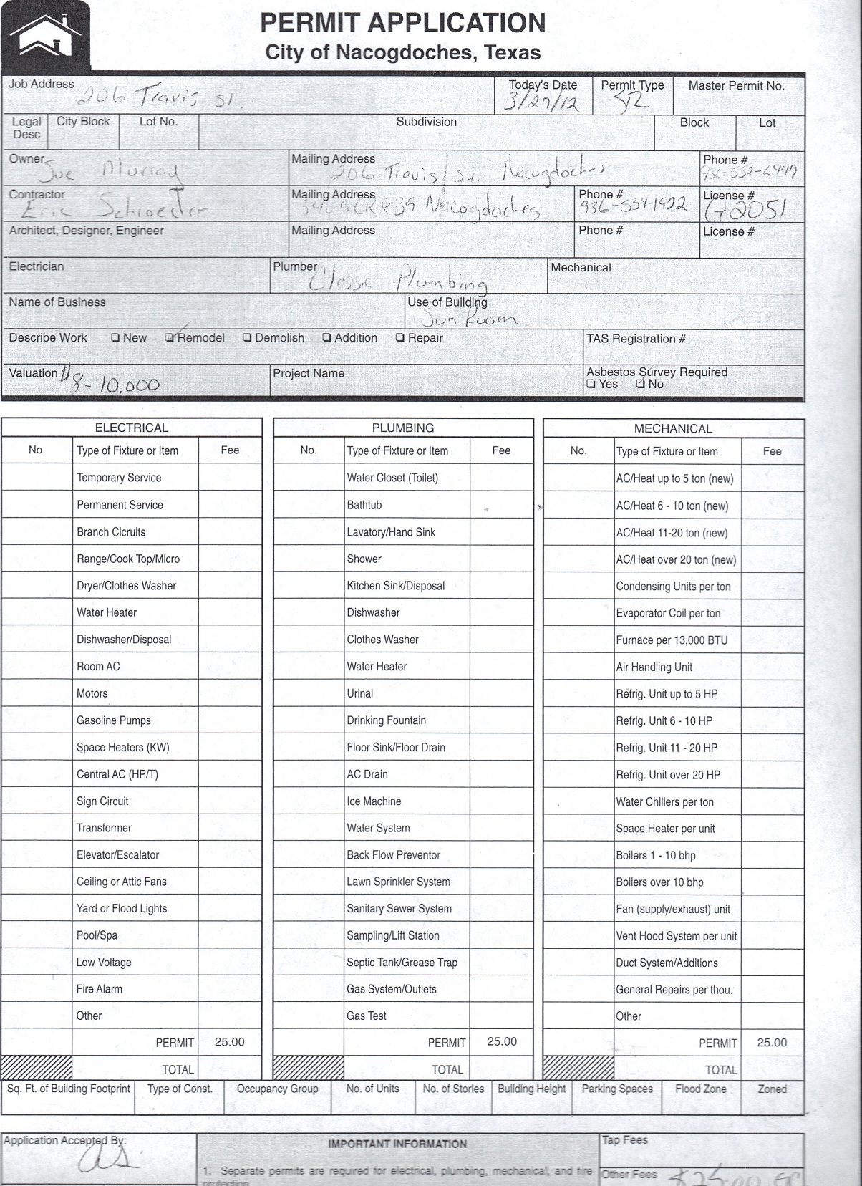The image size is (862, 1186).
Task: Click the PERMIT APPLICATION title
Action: coord(402,23)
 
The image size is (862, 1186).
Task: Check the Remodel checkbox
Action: coord(170,337)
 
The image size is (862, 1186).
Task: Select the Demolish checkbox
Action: coord(247,338)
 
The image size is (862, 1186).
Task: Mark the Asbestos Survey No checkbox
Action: coord(641,384)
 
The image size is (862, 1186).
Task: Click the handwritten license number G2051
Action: coord(745,208)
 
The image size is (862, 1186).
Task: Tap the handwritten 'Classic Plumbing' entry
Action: coord(397,279)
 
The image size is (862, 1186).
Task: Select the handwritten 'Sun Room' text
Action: coord(469,318)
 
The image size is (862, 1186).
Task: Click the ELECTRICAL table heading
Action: coord(132,428)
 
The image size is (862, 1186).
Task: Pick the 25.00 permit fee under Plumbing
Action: coord(502,1042)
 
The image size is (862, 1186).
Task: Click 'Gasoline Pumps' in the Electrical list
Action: coord(114,720)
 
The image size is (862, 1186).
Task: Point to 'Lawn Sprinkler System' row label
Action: coord(398,882)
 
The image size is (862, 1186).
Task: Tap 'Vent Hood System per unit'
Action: coord(676,936)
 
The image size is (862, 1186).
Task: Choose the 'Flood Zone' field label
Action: coord(700,1089)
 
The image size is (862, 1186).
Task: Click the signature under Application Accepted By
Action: coord(107,1159)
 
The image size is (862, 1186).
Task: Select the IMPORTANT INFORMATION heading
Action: coord(397,1144)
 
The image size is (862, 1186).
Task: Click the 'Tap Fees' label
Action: coord(624,1139)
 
